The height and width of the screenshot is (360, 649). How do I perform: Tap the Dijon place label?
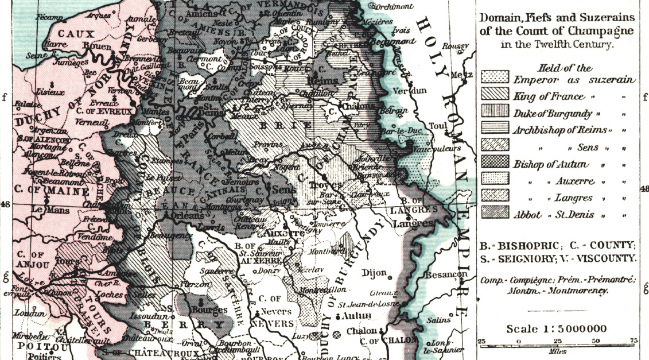tap(369, 273)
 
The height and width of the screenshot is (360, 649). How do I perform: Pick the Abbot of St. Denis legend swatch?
tap(495, 214)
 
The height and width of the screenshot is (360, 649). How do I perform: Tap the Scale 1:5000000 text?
tap(557, 329)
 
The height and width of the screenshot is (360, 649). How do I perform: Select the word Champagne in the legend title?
tap(601, 30)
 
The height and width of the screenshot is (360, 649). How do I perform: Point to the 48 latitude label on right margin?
tap(643, 189)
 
